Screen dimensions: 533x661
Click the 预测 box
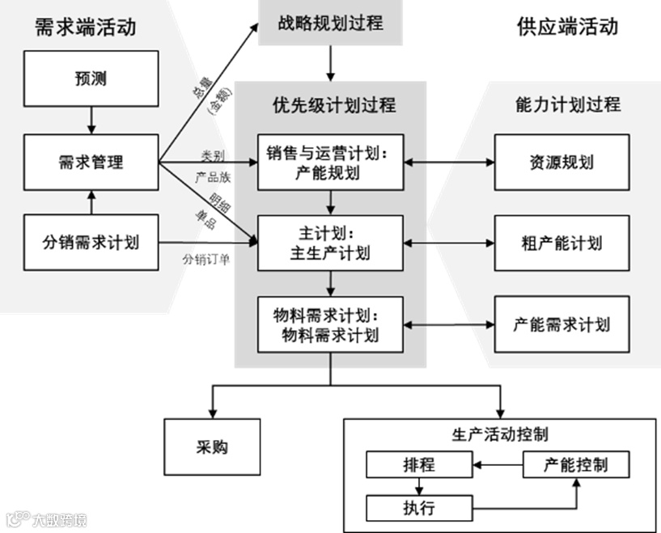pos(91,80)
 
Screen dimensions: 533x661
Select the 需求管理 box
pos(91,162)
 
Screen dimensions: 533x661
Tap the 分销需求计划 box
pos(91,241)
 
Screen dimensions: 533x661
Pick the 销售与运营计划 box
pos(330,162)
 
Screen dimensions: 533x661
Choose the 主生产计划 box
pos(330,242)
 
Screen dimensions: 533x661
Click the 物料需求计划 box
pos(330,324)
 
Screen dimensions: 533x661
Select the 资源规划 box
pos(561,162)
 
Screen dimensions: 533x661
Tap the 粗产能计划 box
pos(561,243)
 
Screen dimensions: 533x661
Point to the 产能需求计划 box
pos(561,324)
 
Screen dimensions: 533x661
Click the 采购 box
pos(213,446)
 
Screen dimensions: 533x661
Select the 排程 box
pos(418,465)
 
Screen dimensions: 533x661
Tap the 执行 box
pos(418,508)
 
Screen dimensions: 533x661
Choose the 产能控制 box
pos(576,464)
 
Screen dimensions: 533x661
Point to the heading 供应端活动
pos(567,27)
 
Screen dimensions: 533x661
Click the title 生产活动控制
pos(498,434)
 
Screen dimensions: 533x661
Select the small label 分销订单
pos(205,260)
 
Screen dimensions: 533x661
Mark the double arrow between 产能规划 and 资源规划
pos(449,162)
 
